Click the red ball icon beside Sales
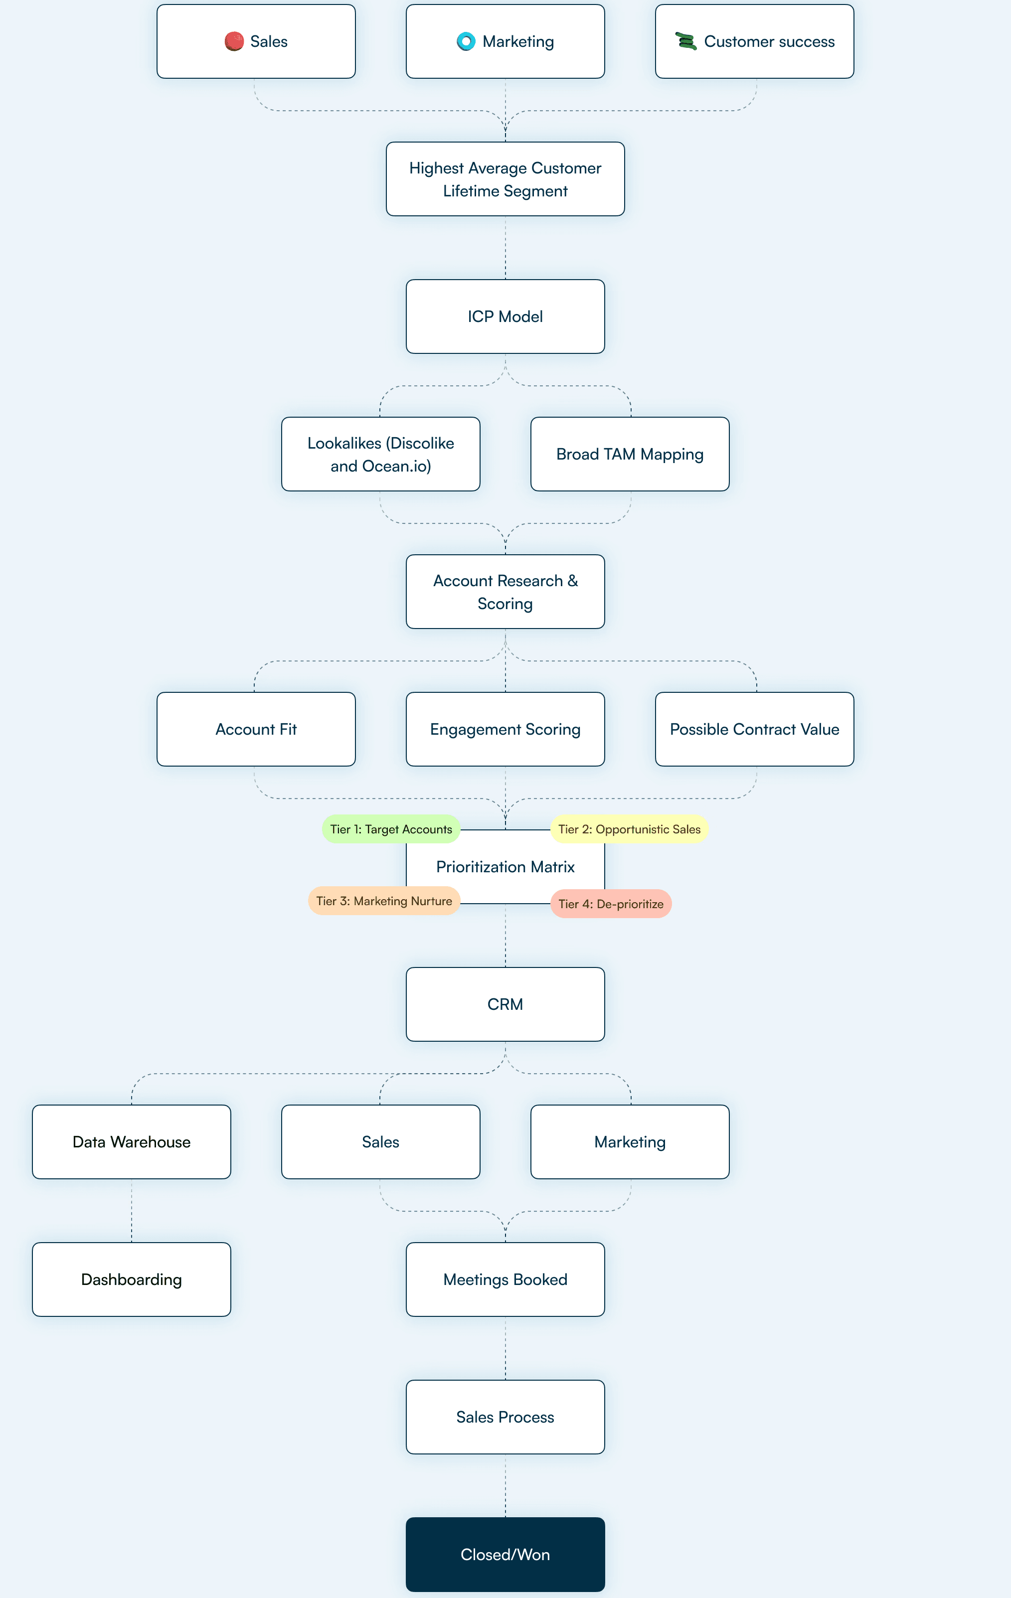pos(234,42)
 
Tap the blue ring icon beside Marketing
pos(466,42)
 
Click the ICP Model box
pos(505,317)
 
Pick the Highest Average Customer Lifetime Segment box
pos(505,179)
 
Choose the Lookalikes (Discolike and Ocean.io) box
pos(380,454)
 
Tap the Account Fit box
pos(256,729)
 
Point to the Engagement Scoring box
pos(505,729)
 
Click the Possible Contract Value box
pos(754,729)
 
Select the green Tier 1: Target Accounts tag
pos(391,829)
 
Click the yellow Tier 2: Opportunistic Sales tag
pos(629,829)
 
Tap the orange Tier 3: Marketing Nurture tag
pos(384,901)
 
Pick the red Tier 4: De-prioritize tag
pos(611,904)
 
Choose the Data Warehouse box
pos(132,1141)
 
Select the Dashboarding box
pos(132,1279)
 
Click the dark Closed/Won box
pos(505,1554)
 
